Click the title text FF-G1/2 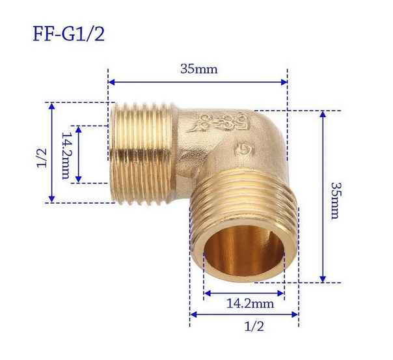tap(69, 34)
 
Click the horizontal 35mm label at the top tap(199, 69)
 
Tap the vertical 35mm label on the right tap(335, 201)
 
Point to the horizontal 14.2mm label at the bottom tap(250, 304)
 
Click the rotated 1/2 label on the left tap(42, 158)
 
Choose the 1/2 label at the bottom tap(254, 326)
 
